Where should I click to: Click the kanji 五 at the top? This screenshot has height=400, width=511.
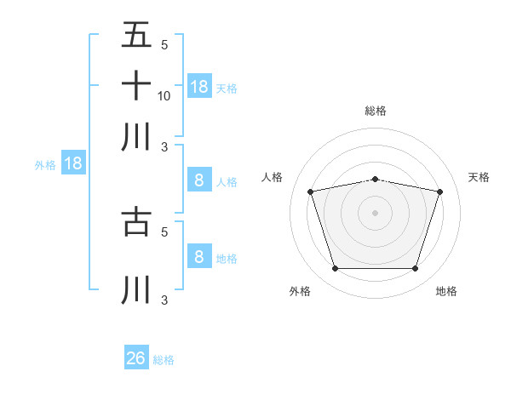[136, 36]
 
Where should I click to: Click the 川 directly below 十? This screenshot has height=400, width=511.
[136, 136]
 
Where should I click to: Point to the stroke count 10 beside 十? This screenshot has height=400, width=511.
[164, 95]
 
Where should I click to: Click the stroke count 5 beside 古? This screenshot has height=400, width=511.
[164, 230]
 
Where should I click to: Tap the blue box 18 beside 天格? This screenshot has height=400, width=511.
[199, 87]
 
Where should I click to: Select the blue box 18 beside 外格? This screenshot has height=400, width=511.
[73, 164]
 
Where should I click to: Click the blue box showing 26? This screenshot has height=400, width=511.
[136, 358]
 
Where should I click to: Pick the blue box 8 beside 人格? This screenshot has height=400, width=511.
[199, 180]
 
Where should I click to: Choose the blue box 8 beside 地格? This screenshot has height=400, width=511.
[199, 257]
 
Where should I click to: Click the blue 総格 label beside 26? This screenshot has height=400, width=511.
[164, 360]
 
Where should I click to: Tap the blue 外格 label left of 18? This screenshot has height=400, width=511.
[45, 165]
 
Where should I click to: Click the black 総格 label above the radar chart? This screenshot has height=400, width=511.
[376, 111]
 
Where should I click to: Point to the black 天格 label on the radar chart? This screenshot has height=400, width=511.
[479, 177]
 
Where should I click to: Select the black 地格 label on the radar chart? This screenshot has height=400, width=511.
[446, 291]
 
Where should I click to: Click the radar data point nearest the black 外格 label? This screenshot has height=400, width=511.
[335, 269]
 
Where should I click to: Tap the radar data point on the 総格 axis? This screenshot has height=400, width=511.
[376, 179]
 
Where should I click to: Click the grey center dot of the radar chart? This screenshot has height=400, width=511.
[376, 213]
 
